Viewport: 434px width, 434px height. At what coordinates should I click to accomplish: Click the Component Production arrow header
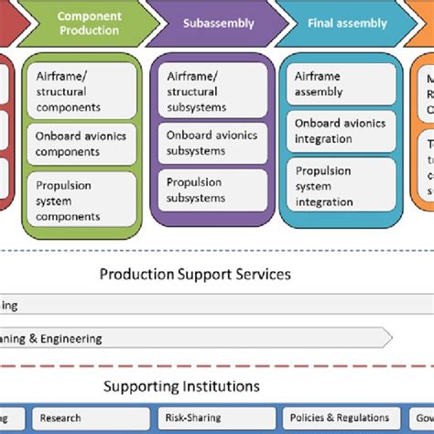pyautogui.click(x=88, y=23)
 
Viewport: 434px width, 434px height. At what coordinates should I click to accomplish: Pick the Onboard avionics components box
pyautogui.click(x=81, y=143)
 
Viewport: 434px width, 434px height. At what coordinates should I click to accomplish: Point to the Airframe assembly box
pyautogui.click(x=340, y=85)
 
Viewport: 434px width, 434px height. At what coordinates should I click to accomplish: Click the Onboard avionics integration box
pyautogui.click(x=340, y=131)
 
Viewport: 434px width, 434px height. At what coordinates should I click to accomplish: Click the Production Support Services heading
pyautogui.click(x=195, y=274)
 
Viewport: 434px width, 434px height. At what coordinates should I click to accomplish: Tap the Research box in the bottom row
pyautogui.click(x=91, y=418)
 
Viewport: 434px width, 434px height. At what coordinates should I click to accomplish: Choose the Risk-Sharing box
pyautogui.click(x=214, y=418)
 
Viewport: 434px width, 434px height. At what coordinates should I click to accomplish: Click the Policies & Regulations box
pyautogui.click(x=339, y=418)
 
